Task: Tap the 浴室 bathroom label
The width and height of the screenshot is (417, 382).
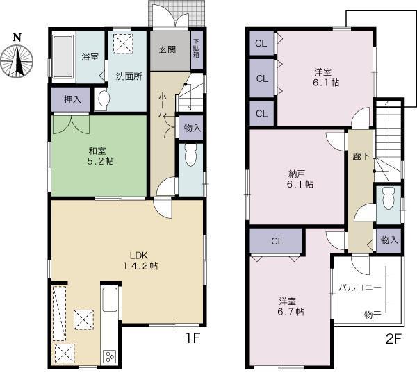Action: (90, 56)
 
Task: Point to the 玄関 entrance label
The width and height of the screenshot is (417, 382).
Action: (167, 49)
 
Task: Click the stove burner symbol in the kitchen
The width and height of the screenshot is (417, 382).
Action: (110, 357)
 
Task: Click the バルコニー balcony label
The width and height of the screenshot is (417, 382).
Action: (359, 286)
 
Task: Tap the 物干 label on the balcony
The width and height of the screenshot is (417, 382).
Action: (373, 315)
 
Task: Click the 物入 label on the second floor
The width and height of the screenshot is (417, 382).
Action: (389, 240)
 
